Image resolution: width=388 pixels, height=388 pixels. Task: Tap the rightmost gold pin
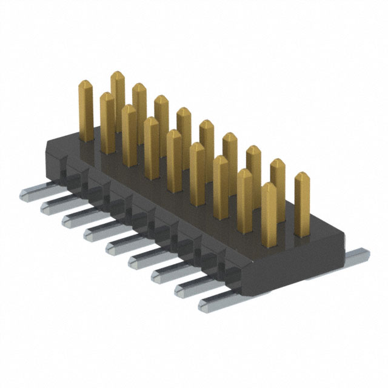pos(301,203)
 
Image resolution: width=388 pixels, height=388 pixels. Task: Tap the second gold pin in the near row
pos(129,133)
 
